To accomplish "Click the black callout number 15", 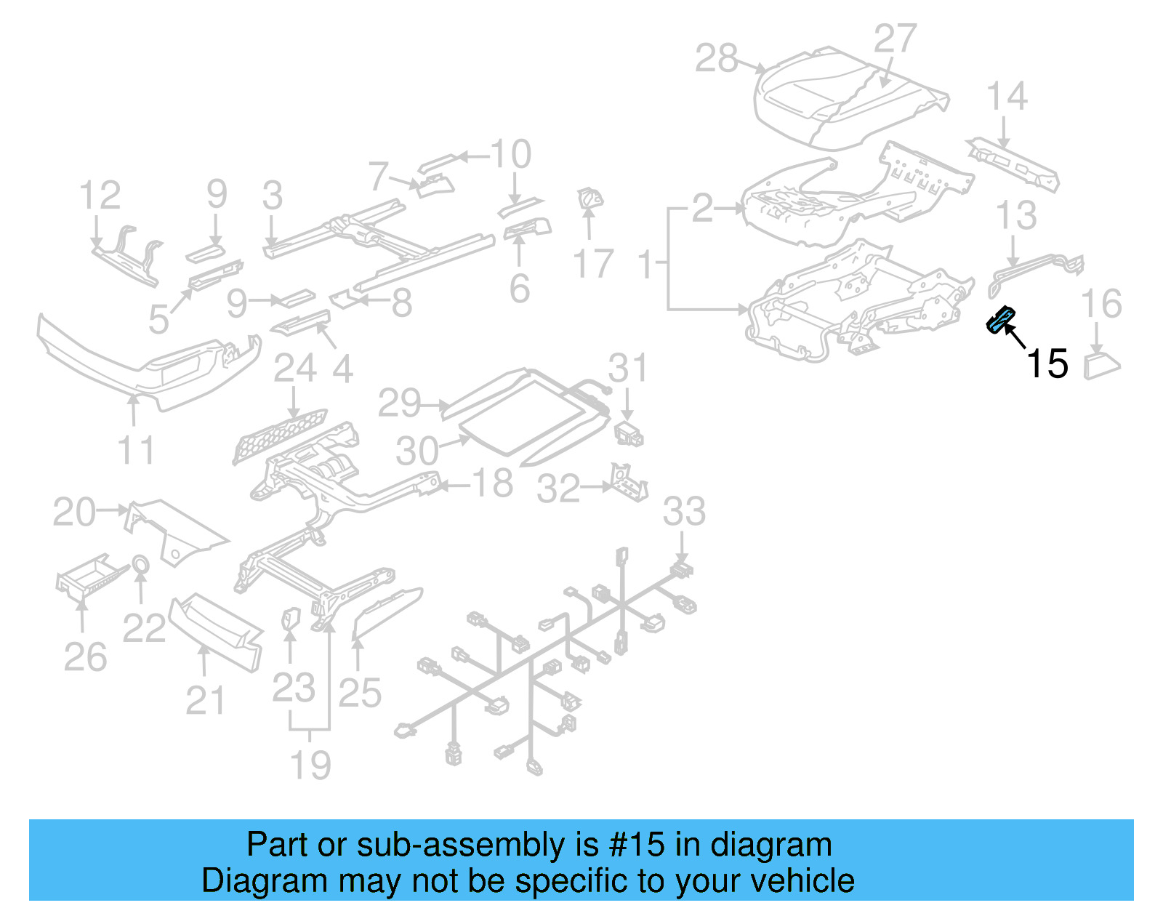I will coord(1047,363).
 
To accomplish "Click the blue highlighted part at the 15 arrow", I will coord(999,319).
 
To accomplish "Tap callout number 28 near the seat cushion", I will coord(716,58).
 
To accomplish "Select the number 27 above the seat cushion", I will coord(894,39).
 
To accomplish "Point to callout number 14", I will coord(1007,97).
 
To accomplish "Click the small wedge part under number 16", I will coord(1101,363).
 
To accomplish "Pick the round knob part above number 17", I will coord(589,198).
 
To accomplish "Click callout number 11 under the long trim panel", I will coord(136,450).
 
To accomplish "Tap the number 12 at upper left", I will coord(100,196).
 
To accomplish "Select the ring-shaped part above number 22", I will coord(140,564).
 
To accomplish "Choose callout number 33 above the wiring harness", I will coord(683,511).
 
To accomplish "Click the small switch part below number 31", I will coord(629,434).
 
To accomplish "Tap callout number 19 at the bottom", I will coord(310,765).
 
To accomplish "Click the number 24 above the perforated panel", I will coord(294,369).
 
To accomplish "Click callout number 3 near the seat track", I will coord(273,196).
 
